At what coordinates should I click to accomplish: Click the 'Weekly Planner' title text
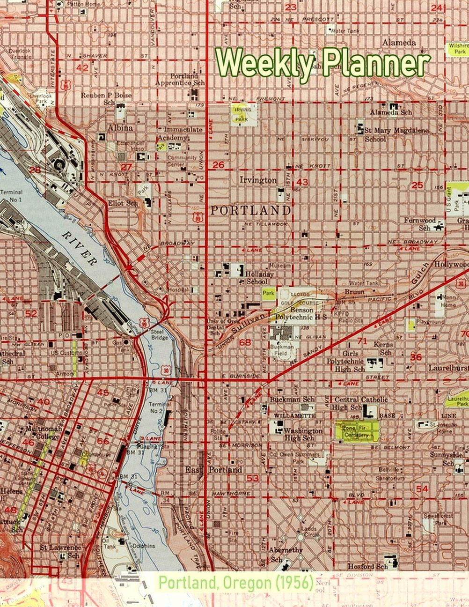(322, 62)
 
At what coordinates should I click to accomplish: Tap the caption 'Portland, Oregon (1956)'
(235, 583)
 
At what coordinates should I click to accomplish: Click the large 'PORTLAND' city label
(250, 210)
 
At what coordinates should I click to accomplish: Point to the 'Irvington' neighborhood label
(258, 180)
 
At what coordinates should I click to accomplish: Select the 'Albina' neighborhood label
(121, 128)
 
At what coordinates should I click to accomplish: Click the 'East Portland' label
(213, 469)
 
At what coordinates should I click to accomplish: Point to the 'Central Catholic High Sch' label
(361, 403)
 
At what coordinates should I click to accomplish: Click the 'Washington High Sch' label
(303, 434)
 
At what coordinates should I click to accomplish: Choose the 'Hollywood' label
(451, 265)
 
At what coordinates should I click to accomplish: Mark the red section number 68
(245, 342)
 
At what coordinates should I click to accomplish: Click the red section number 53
(253, 478)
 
